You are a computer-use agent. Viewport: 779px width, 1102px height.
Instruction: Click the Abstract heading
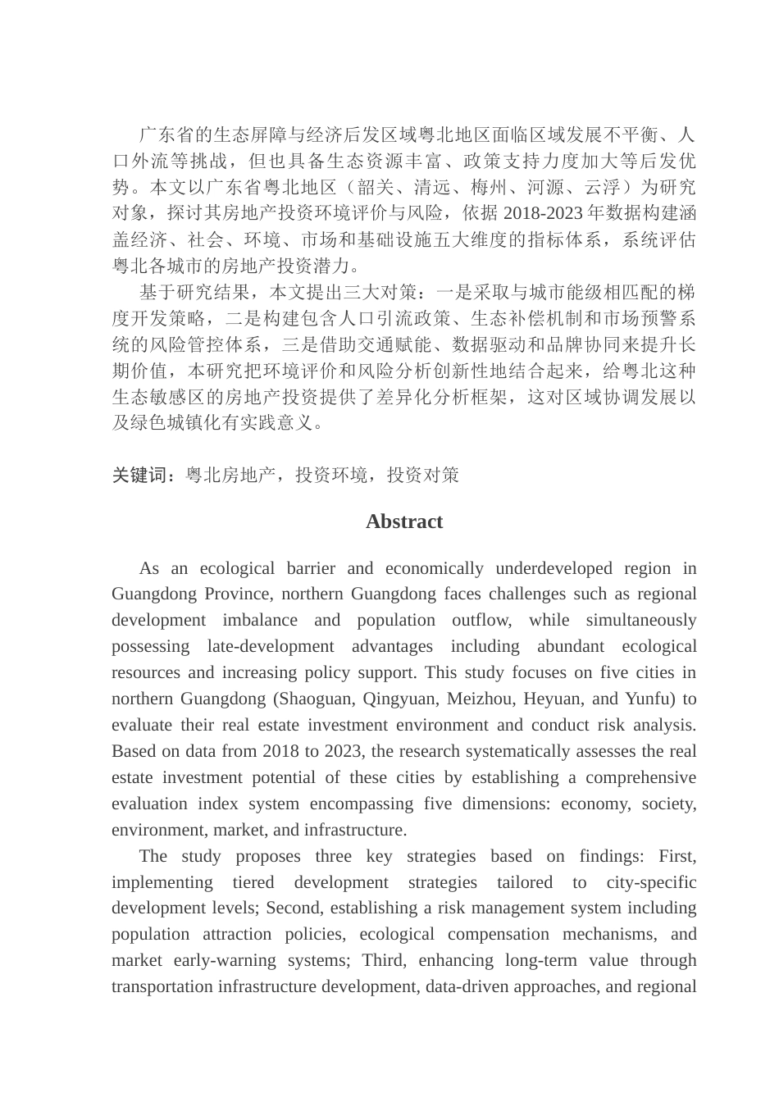(404, 521)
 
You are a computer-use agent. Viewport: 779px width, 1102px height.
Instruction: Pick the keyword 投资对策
(423, 475)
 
